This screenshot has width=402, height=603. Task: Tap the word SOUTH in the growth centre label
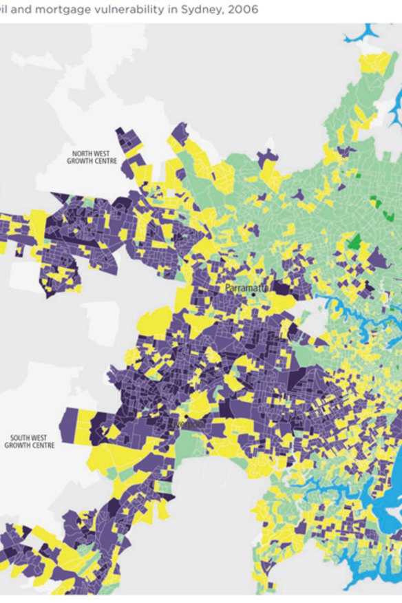20,438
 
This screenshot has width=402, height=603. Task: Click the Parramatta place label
246,288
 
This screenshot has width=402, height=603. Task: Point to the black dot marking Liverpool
185,417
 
